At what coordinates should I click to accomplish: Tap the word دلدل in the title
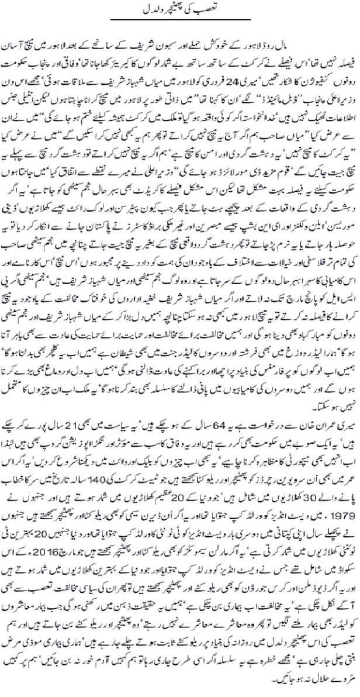tap(153, 10)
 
